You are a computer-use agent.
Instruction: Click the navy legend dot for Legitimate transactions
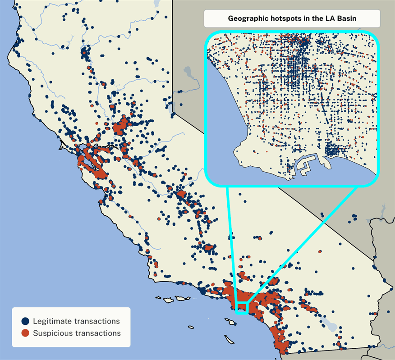(x=25, y=321)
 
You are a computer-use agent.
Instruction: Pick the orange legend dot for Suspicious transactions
(x=25, y=333)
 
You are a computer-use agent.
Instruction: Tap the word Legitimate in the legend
(x=53, y=321)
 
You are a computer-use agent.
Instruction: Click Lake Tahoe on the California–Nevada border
(x=170, y=108)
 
